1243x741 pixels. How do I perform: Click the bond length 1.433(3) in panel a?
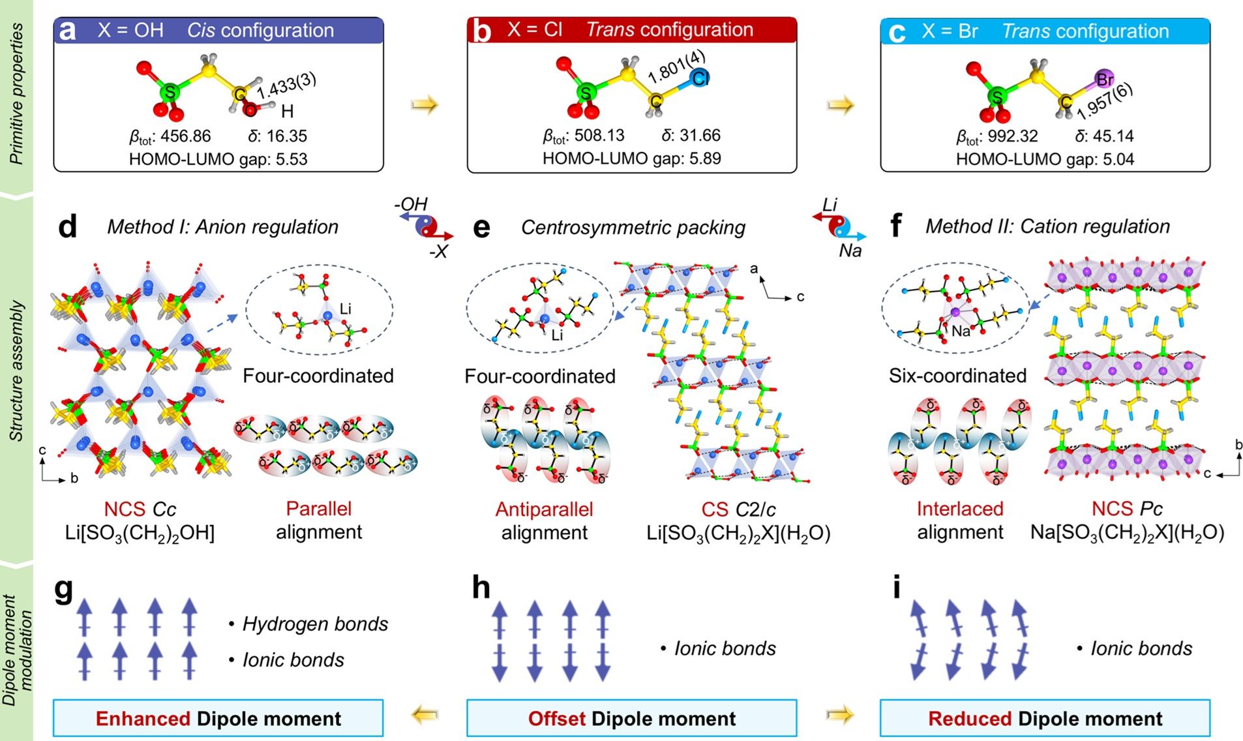click(286, 86)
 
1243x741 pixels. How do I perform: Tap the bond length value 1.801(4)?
click(676, 68)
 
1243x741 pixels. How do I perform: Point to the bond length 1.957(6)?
click(1105, 102)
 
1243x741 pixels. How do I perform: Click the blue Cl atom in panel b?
click(699, 78)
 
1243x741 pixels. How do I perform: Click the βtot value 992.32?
click(1013, 136)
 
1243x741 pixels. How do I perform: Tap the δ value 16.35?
click(286, 136)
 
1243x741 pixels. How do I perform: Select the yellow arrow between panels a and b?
click(425, 104)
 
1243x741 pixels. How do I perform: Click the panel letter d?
click(68, 226)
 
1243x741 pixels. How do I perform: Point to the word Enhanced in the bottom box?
click(143, 719)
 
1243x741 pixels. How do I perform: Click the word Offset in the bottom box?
click(556, 719)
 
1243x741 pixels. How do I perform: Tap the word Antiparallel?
click(544, 509)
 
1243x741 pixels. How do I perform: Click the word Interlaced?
click(959, 509)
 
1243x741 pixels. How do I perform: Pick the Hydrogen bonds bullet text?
click(315, 624)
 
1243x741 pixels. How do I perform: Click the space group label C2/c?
click(755, 509)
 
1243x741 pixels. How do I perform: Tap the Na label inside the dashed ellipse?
click(960, 331)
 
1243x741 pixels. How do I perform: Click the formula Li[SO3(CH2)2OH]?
click(140, 533)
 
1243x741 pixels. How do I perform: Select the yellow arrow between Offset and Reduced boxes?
click(839, 716)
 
